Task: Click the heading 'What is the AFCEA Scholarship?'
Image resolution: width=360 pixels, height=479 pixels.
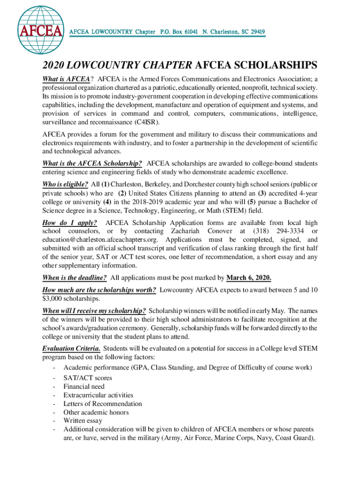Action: [x=92, y=163]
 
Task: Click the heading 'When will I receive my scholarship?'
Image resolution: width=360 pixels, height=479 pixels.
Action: [x=94, y=310]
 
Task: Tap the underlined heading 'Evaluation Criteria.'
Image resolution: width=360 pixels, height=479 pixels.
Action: [x=71, y=348]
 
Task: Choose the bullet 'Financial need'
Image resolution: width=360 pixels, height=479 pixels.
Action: [x=84, y=386]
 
